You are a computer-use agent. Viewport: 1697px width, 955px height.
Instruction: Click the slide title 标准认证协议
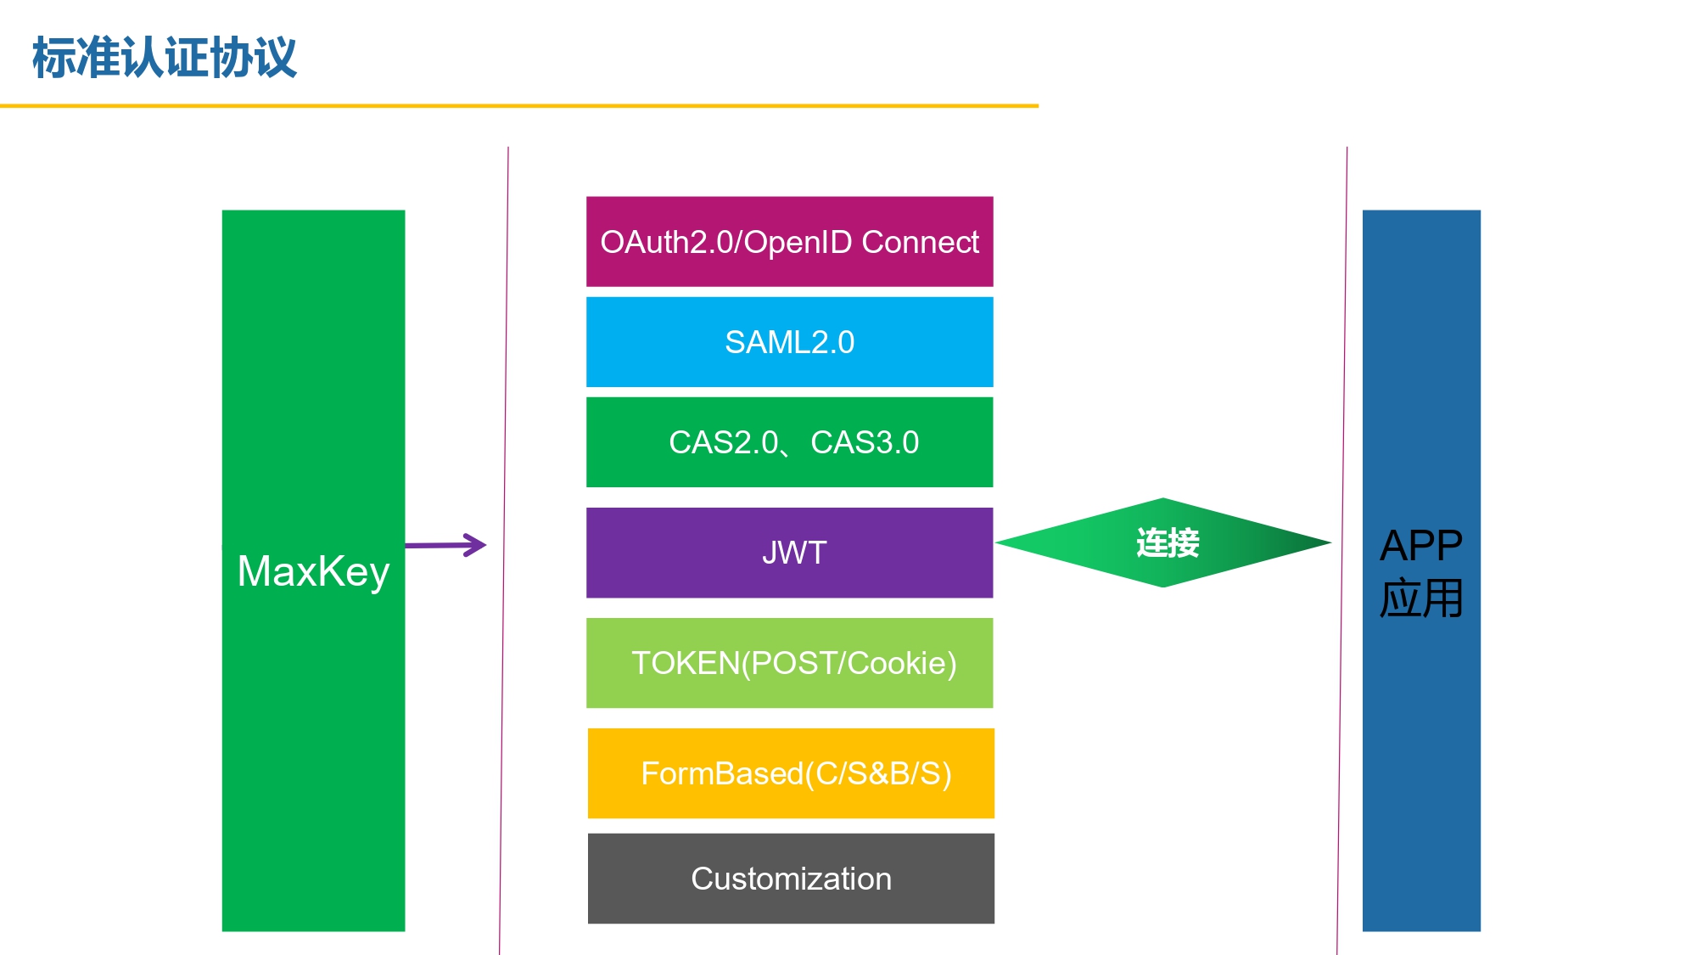click(165, 58)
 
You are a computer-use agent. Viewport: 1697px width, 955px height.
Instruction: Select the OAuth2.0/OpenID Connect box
click(789, 242)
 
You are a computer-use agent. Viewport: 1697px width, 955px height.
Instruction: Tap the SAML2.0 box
click(789, 342)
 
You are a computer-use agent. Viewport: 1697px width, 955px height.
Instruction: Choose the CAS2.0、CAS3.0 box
click(789, 442)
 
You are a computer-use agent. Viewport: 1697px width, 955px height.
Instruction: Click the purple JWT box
click(789, 553)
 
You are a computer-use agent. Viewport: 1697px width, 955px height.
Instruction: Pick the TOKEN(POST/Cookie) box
click(789, 663)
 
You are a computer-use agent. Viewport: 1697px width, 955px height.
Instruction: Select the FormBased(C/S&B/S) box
click(791, 773)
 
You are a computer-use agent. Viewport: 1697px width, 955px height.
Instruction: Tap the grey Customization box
click(791, 879)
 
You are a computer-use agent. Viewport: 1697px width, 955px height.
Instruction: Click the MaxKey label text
click(313, 571)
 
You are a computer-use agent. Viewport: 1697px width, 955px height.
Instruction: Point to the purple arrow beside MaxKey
click(445, 545)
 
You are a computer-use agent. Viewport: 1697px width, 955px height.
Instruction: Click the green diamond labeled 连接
click(1163, 542)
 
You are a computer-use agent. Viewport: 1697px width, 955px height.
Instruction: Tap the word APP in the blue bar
click(1421, 545)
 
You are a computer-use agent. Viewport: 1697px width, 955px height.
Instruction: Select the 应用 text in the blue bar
click(1421, 598)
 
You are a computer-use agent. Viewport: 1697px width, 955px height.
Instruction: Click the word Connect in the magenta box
click(920, 242)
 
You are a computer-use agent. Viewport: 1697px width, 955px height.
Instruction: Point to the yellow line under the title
click(519, 106)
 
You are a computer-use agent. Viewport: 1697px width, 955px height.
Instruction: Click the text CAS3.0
click(865, 442)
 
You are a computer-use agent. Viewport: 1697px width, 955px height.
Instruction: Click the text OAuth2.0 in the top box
click(669, 242)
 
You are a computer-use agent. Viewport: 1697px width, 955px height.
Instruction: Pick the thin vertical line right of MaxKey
click(504, 550)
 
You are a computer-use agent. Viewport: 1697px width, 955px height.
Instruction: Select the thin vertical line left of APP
click(1342, 550)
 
